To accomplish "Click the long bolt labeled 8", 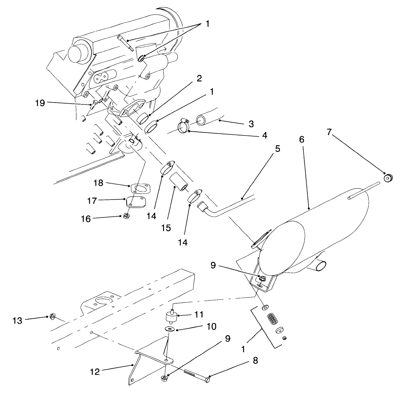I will (x=196, y=375).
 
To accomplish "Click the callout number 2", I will (x=199, y=79).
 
